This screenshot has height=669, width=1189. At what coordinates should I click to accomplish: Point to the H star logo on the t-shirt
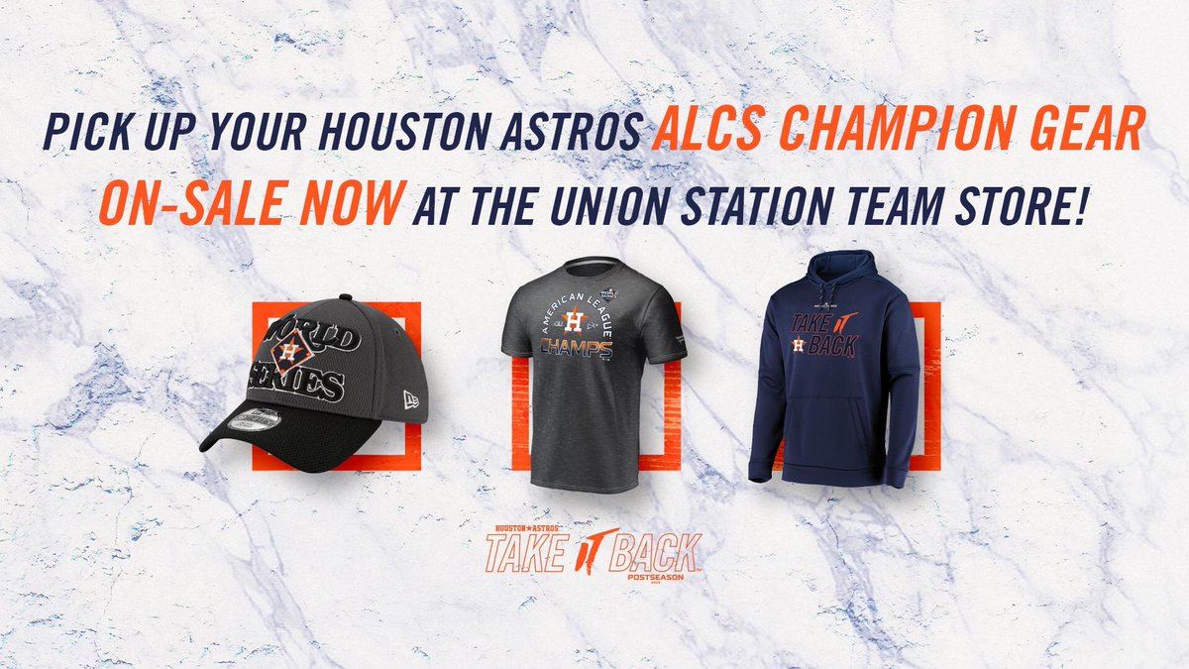coord(572,319)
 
